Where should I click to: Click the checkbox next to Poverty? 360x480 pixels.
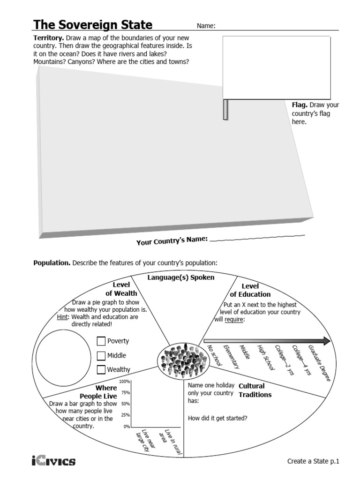pyautogui.click(x=101, y=341)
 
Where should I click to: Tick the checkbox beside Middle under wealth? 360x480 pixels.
pyautogui.click(x=101, y=355)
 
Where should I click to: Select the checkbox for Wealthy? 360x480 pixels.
pyautogui.click(x=101, y=369)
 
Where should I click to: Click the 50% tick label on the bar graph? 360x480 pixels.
pyautogui.click(x=125, y=404)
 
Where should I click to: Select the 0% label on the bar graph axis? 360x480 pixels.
pyautogui.click(x=126, y=427)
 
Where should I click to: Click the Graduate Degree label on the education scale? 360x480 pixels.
pyautogui.click(x=319, y=364)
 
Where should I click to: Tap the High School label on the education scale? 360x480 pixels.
pyautogui.click(x=265, y=358)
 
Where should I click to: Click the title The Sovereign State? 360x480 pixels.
pyautogui.click(x=92, y=25)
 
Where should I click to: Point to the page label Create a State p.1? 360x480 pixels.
pyautogui.click(x=312, y=461)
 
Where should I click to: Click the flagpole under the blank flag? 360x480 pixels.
pyautogui.click(x=225, y=110)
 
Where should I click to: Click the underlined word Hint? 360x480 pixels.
pyautogui.click(x=62, y=317)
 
